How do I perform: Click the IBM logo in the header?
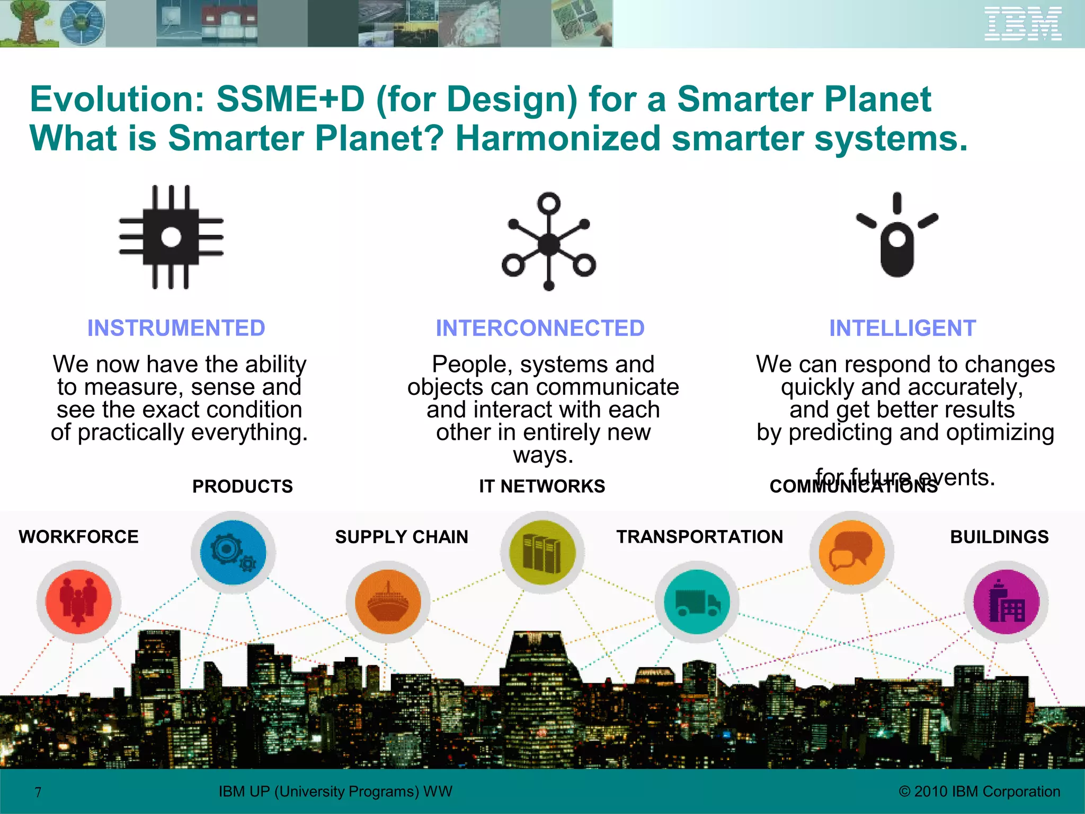click(x=1022, y=24)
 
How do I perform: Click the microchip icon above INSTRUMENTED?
click(x=171, y=237)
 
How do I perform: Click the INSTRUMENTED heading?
click(x=176, y=328)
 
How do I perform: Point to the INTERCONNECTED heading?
click(x=540, y=328)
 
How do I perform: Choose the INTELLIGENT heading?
click(x=902, y=328)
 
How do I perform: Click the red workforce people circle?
click(x=78, y=601)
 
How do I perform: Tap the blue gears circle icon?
click(x=233, y=552)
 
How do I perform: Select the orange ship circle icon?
click(x=388, y=601)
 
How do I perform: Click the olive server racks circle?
click(x=542, y=552)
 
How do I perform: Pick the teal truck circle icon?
click(x=697, y=601)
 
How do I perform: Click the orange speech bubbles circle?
click(x=851, y=552)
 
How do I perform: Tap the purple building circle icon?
click(x=1006, y=601)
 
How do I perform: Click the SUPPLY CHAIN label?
click(x=402, y=537)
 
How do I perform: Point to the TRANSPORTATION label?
click(x=699, y=536)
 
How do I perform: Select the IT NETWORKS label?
click(x=542, y=486)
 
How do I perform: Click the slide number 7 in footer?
click(x=38, y=792)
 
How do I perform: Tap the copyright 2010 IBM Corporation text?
click(x=980, y=791)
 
